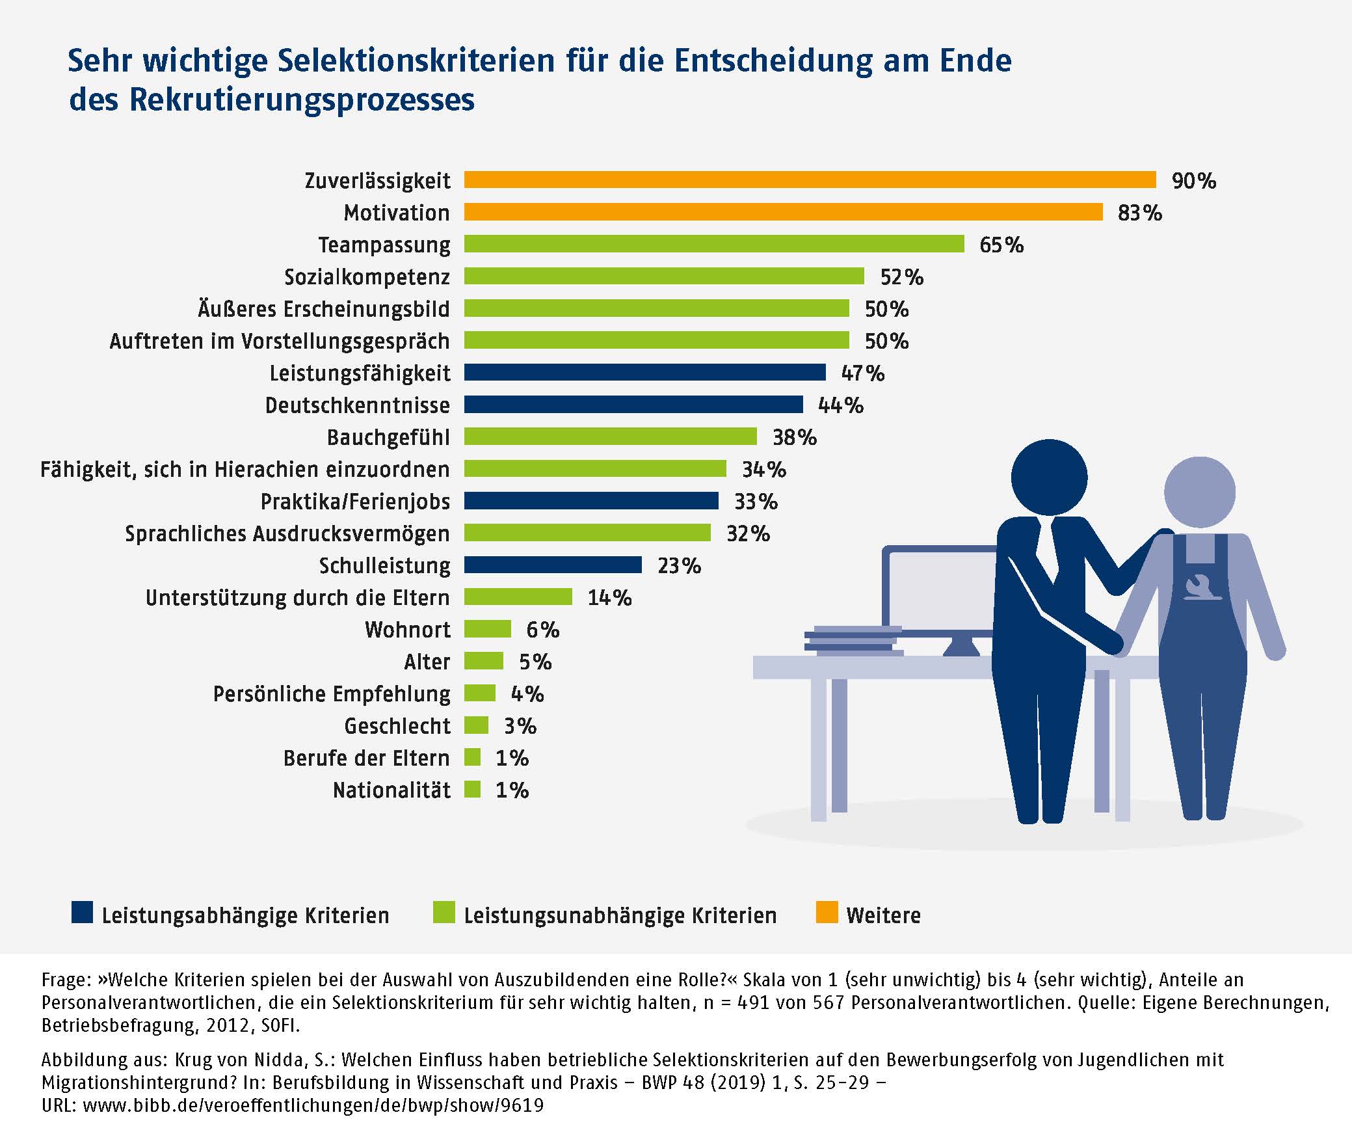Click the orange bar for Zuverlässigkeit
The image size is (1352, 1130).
tap(810, 180)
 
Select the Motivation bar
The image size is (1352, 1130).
tap(783, 212)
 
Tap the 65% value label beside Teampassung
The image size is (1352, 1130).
tap(1001, 245)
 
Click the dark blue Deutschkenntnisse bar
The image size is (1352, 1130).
tap(633, 405)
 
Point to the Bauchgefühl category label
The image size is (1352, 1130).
tap(388, 437)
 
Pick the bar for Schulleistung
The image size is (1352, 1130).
tap(553, 565)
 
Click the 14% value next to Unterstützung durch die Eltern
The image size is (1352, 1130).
tap(609, 597)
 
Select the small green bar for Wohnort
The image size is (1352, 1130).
tap(487, 629)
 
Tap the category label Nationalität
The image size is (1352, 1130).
tap(391, 790)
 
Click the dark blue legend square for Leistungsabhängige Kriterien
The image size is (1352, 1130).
tap(82, 913)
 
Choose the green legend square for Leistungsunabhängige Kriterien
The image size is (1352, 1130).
tap(444, 913)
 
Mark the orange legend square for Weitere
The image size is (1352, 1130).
tap(827, 913)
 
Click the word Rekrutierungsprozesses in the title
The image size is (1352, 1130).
tap(302, 100)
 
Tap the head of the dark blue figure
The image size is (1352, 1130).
tap(1048, 477)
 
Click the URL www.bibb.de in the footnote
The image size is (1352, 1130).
tap(313, 1105)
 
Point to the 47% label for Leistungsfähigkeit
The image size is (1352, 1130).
tap(862, 373)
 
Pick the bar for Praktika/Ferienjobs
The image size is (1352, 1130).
tap(591, 501)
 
